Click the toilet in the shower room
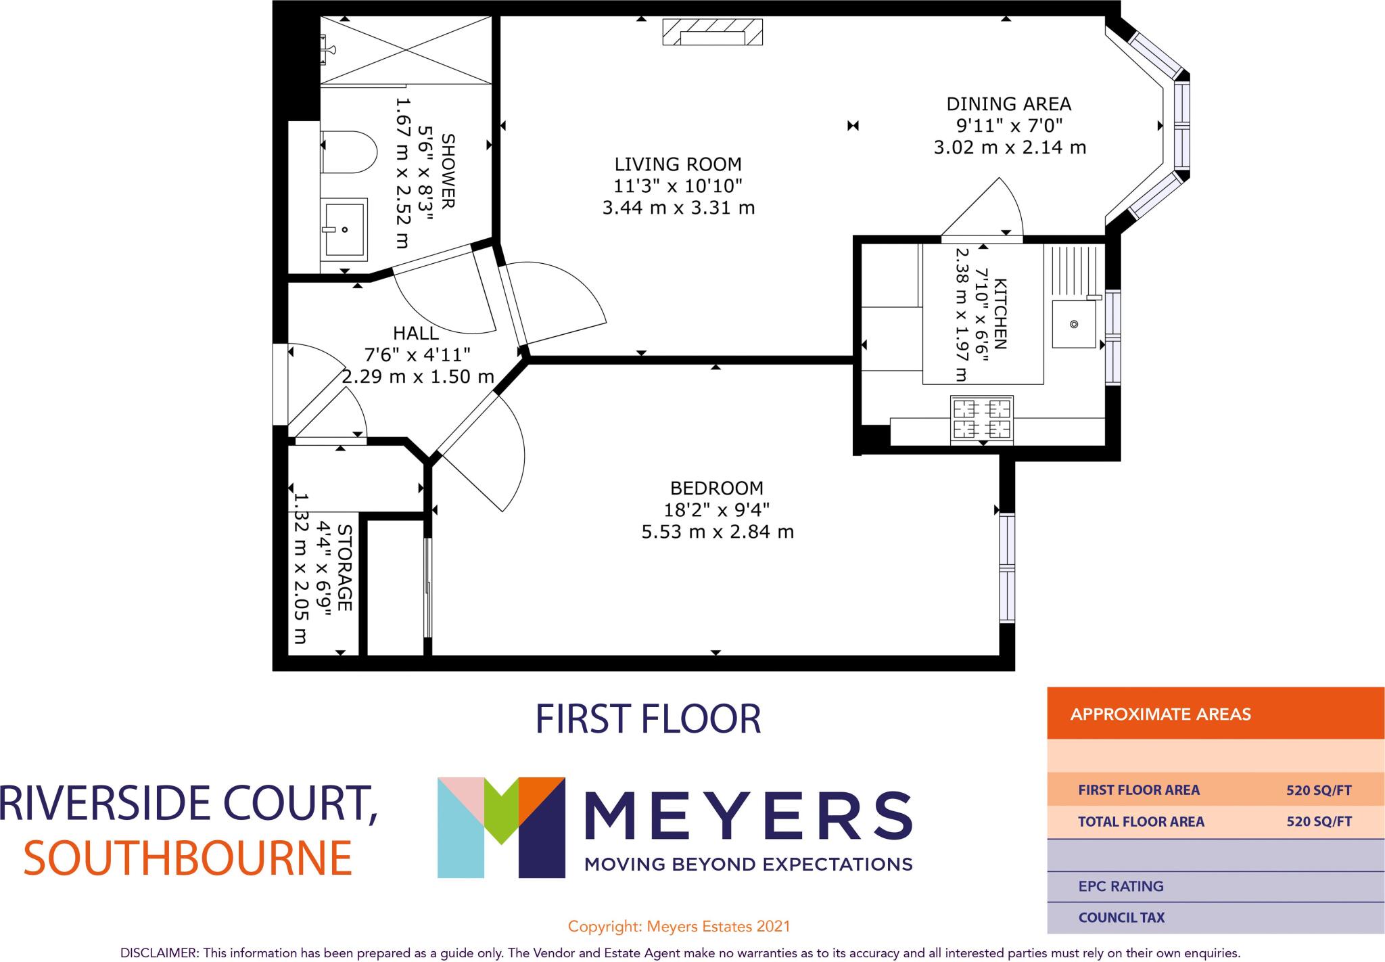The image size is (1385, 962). point(349,152)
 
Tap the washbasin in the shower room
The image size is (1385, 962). point(344,229)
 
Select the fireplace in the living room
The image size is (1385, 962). point(712,32)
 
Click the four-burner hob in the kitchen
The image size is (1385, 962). point(981,419)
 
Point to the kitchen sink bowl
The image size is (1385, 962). point(1073,324)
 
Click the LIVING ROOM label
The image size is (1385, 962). point(678,164)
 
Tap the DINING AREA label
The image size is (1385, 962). point(1008,104)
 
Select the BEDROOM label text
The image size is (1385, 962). point(716,488)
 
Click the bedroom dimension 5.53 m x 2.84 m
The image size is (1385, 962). point(717,532)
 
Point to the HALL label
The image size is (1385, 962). point(416,333)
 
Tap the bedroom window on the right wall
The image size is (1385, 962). point(1007,567)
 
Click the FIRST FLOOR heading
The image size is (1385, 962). point(648,719)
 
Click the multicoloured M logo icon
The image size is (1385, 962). point(500,827)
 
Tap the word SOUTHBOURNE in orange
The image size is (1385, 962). point(188,858)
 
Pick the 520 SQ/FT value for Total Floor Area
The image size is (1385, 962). point(1318,821)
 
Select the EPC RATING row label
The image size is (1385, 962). point(1121,886)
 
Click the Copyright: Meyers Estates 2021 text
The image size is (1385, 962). point(678,926)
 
